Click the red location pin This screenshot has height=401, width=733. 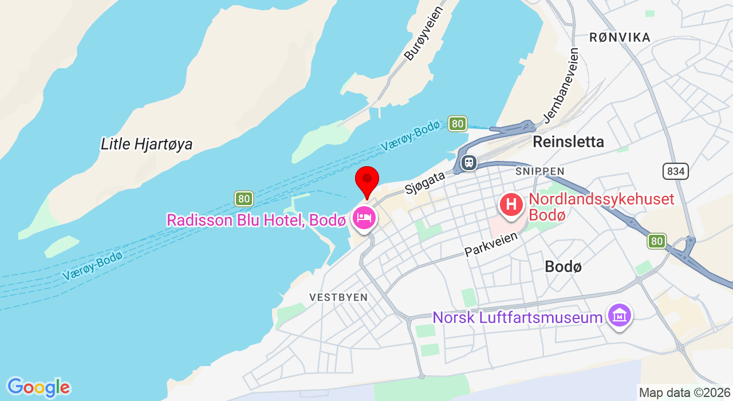[367, 179]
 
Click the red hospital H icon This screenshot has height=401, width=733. [511, 204]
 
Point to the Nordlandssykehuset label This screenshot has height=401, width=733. [601, 207]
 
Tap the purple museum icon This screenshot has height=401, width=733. [620, 315]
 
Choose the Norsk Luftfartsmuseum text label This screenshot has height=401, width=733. [518, 317]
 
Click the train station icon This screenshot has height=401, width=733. [469, 163]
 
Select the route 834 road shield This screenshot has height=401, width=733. [676, 171]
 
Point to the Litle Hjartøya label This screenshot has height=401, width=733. [147, 144]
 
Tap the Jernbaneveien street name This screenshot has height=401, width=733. [561, 85]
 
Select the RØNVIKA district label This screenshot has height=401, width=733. [620, 38]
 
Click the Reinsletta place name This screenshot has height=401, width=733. [568, 142]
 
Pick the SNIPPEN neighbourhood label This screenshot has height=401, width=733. [539, 171]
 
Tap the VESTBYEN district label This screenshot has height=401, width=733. [338, 297]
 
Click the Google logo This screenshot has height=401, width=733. [38, 388]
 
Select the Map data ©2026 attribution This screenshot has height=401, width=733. [684, 393]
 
